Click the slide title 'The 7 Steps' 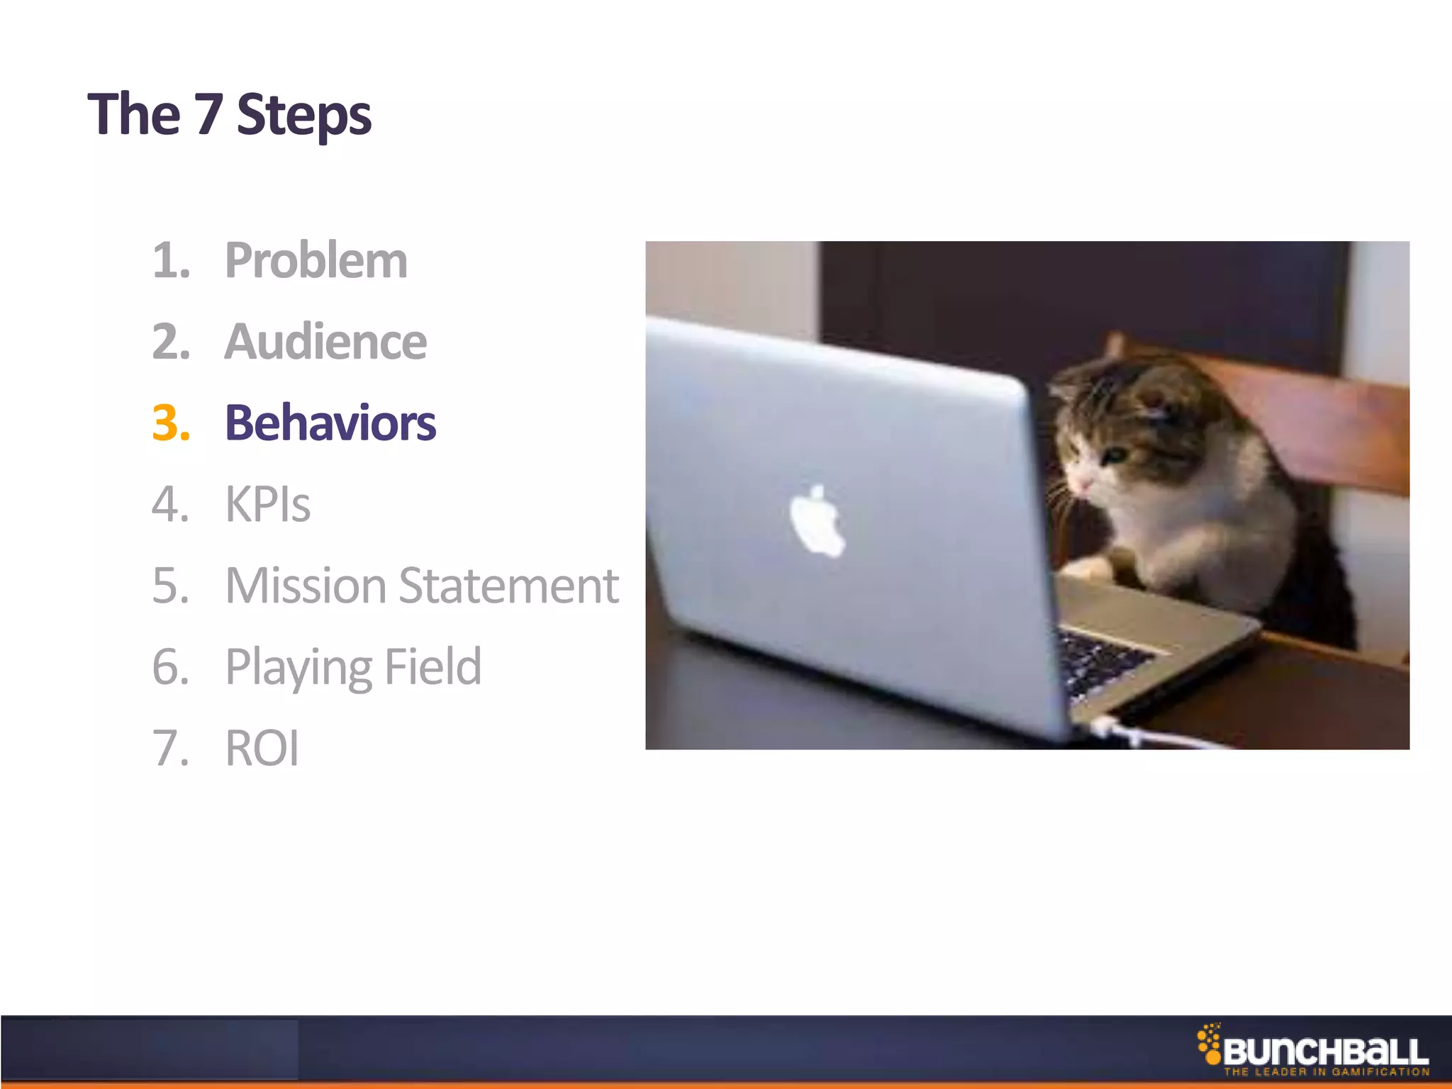point(229,115)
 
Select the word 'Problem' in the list point(316,261)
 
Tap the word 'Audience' point(325,342)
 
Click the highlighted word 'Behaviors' point(330,423)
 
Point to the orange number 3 point(170,423)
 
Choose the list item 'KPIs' point(268,505)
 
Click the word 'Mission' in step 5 point(306,586)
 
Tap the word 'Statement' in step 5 point(509,586)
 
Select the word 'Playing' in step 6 point(298,668)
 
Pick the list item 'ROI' point(262,749)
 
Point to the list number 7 point(170,749)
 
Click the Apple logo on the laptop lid point(817,521)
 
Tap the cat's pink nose point(1083,484)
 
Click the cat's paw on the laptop point(1085,567)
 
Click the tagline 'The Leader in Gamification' point(1326,1072)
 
